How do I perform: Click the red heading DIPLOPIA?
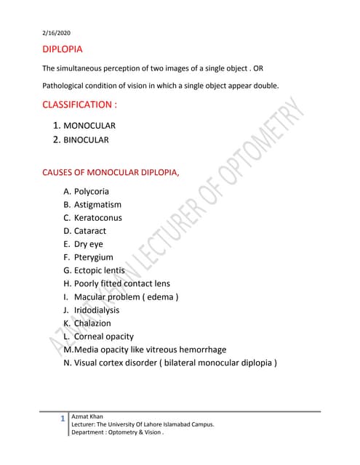63,50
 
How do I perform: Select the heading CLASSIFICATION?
80,105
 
